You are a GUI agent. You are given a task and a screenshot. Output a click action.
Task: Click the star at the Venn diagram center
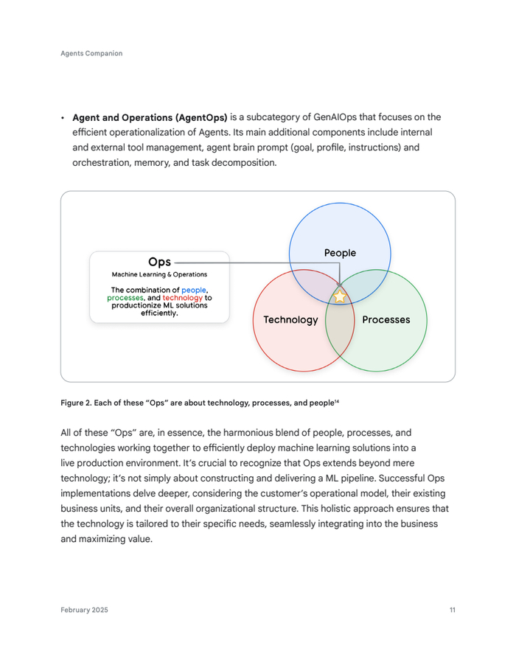click(x=340, y=296)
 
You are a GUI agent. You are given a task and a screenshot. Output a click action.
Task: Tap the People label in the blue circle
click(x=340, y=253)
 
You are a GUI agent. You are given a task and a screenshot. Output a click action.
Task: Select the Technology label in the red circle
click(x=290, y=320)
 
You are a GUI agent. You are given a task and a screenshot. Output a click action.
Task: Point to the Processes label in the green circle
click(x=386, y=320)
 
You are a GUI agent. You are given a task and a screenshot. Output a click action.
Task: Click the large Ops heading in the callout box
click(x=159, y=262)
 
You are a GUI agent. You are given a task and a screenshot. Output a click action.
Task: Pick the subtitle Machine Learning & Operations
click(x=159, y=275)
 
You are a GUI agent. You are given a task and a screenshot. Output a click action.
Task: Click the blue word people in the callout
click(x=194, y=290)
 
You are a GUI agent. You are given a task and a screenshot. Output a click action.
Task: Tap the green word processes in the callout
click(x=125, y=298)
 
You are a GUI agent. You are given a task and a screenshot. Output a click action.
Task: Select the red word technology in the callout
click(x=182, y=298)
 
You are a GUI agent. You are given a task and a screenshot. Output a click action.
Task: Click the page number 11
click(x=452, y=610)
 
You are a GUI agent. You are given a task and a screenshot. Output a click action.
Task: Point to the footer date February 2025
click(x=84, y=610)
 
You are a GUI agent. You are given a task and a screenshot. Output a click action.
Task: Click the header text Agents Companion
click(x=91, y=53)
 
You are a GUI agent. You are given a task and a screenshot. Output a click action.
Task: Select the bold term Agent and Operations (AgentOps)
click(x=150, y=117)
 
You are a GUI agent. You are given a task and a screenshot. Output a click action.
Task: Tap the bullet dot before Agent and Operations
click(x=63, y=118)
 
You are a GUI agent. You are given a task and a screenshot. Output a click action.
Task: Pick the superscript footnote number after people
click(x=337, y=400)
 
